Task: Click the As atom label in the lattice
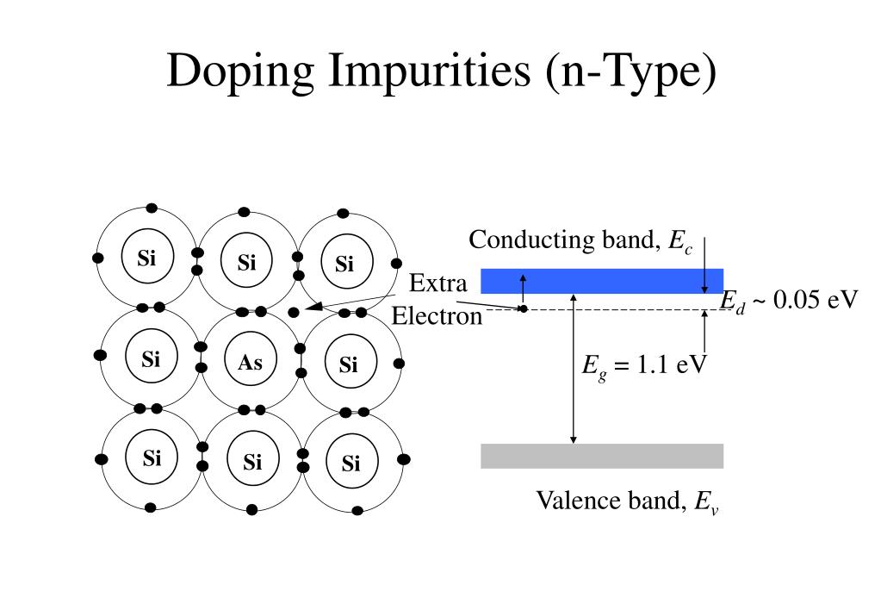pos(250,363)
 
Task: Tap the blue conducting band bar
pos(601,281)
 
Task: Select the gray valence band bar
pos(601,456)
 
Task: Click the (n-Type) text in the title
pos(630,71)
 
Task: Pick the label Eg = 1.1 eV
pos(644,365)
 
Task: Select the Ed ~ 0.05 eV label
pos(789,301)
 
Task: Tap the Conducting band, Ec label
pos(580,241)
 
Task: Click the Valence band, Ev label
pos(628,501)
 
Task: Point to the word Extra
pos(437,283)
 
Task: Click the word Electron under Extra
pos(437,317)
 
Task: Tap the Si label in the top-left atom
pos(146,258)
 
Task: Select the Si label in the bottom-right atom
pos(351,464)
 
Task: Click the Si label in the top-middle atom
pos(247,263)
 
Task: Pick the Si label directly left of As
pos(151,358)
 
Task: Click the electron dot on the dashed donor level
pos(523,308)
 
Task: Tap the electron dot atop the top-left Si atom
pos(152,208)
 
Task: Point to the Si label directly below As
pos(251,463)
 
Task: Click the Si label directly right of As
pos(348,365)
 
